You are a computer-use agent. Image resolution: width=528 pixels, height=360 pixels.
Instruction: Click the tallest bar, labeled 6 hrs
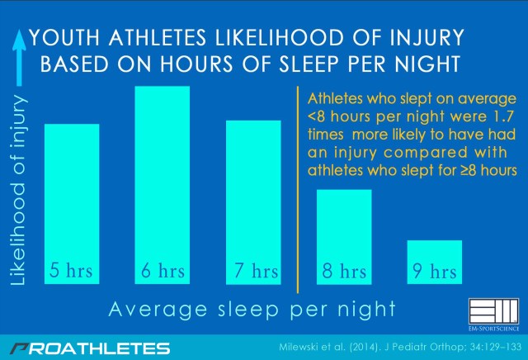pyautogui.click(x=162, y=185)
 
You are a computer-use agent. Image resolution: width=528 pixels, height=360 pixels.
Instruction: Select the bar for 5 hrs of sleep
pyautogui.click(x=72, y=204)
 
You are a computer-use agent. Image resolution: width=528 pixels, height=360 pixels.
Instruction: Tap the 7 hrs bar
pyautogui.click(x=253, y=202)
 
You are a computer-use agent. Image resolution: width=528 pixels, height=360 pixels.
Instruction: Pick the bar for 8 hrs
pyautogui.click(x=344, y=237)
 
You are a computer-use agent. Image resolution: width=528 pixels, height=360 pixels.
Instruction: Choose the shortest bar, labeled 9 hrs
pyautogui.click(x=435, y=263)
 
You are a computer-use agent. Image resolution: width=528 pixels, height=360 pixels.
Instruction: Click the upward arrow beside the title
pyautogui.click(x=19, y=57)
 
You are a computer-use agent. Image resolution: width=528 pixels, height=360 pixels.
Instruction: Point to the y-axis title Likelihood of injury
pyautogui.click(x=18, y=190)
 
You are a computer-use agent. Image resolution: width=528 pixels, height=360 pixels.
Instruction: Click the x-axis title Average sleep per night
pyautogui.click(x=252, y=309)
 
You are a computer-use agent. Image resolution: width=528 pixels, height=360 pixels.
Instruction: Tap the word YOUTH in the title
pyautogui.click(x=65, y=37)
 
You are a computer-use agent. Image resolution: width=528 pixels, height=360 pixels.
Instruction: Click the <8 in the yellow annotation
pyautogui.click(x=316, y=116)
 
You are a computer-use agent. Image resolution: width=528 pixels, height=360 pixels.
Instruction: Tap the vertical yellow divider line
pyautogui.click(x=298, y=190)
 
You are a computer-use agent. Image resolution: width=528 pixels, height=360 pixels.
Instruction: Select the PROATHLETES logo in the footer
pyautogui.click(x=90, y=348)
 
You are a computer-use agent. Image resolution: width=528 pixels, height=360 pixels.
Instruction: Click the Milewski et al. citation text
pyautogui.click(x=400, y=347)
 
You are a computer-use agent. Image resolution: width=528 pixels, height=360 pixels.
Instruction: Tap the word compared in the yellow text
pyautogui.click(x=426, y=153)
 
